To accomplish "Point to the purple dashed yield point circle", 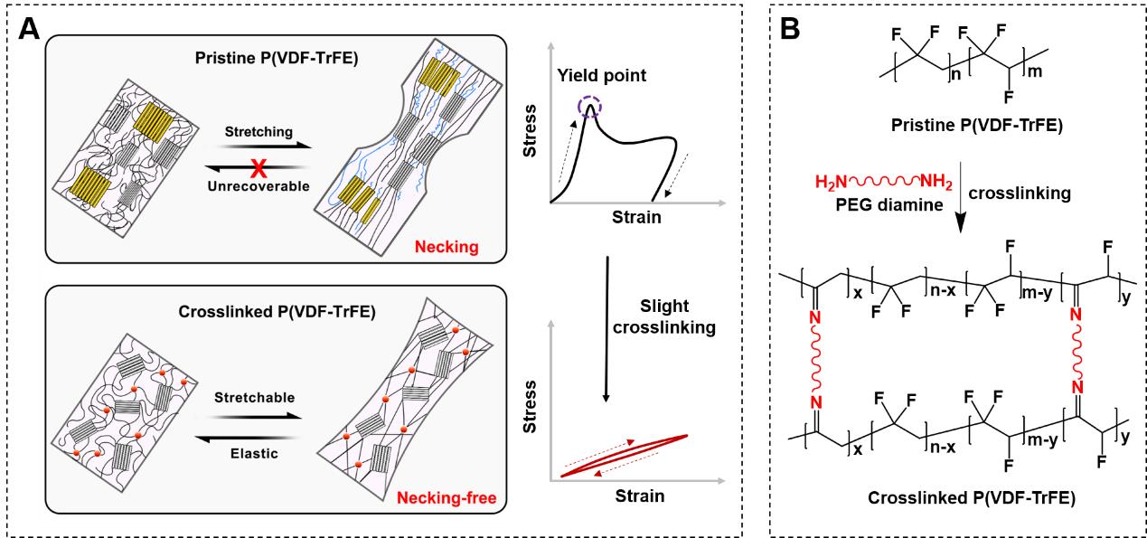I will click(591, 110).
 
